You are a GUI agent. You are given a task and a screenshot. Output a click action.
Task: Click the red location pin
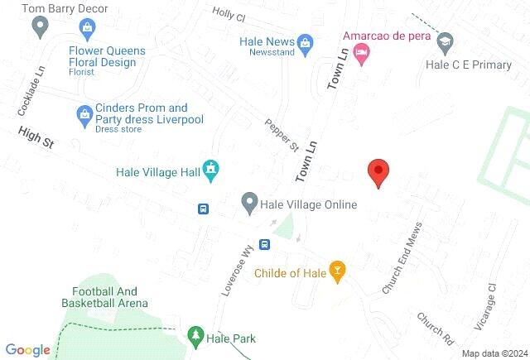[378, 172]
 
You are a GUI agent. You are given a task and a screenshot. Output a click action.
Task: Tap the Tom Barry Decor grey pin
[38, 28]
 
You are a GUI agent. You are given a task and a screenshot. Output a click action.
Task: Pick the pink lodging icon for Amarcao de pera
[361, 54]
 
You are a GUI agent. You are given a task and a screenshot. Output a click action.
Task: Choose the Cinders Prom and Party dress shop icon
[84, 113]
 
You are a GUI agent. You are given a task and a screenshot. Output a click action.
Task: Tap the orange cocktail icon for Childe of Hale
[337, 270]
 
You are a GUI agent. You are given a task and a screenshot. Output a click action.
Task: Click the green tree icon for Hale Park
[195, 336]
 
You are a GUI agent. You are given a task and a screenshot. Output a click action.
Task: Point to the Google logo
[27, 350]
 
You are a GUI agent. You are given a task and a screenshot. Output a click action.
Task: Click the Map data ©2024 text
[494, 353]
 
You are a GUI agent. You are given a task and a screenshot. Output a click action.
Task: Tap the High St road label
[36, 137]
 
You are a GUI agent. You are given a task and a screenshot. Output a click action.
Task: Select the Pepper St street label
[282, 136]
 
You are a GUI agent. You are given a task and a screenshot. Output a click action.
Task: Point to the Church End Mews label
[402, 257]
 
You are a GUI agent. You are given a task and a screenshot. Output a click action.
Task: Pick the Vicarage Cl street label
[484, 306]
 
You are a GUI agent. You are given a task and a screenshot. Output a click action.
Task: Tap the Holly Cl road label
[229, 14]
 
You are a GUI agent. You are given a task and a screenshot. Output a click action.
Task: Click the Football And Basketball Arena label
[109, 296]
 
